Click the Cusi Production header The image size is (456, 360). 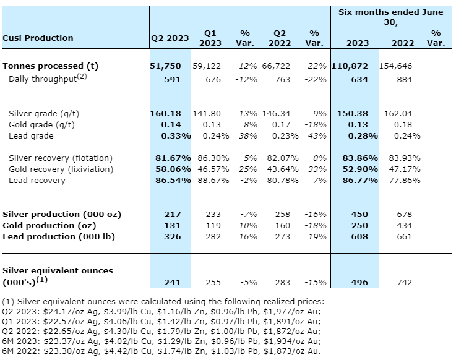(38, 38)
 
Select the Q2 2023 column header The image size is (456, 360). (170, 38)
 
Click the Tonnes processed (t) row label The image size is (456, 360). (51, 66)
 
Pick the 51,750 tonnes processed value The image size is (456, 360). (170, 66)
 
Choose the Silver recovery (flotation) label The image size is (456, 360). (61, 158)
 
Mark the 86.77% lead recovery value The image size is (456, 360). (359, 180)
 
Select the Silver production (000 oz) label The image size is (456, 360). (62, 214)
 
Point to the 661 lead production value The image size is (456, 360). (404, 236)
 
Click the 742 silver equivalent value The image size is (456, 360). (404, 282)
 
